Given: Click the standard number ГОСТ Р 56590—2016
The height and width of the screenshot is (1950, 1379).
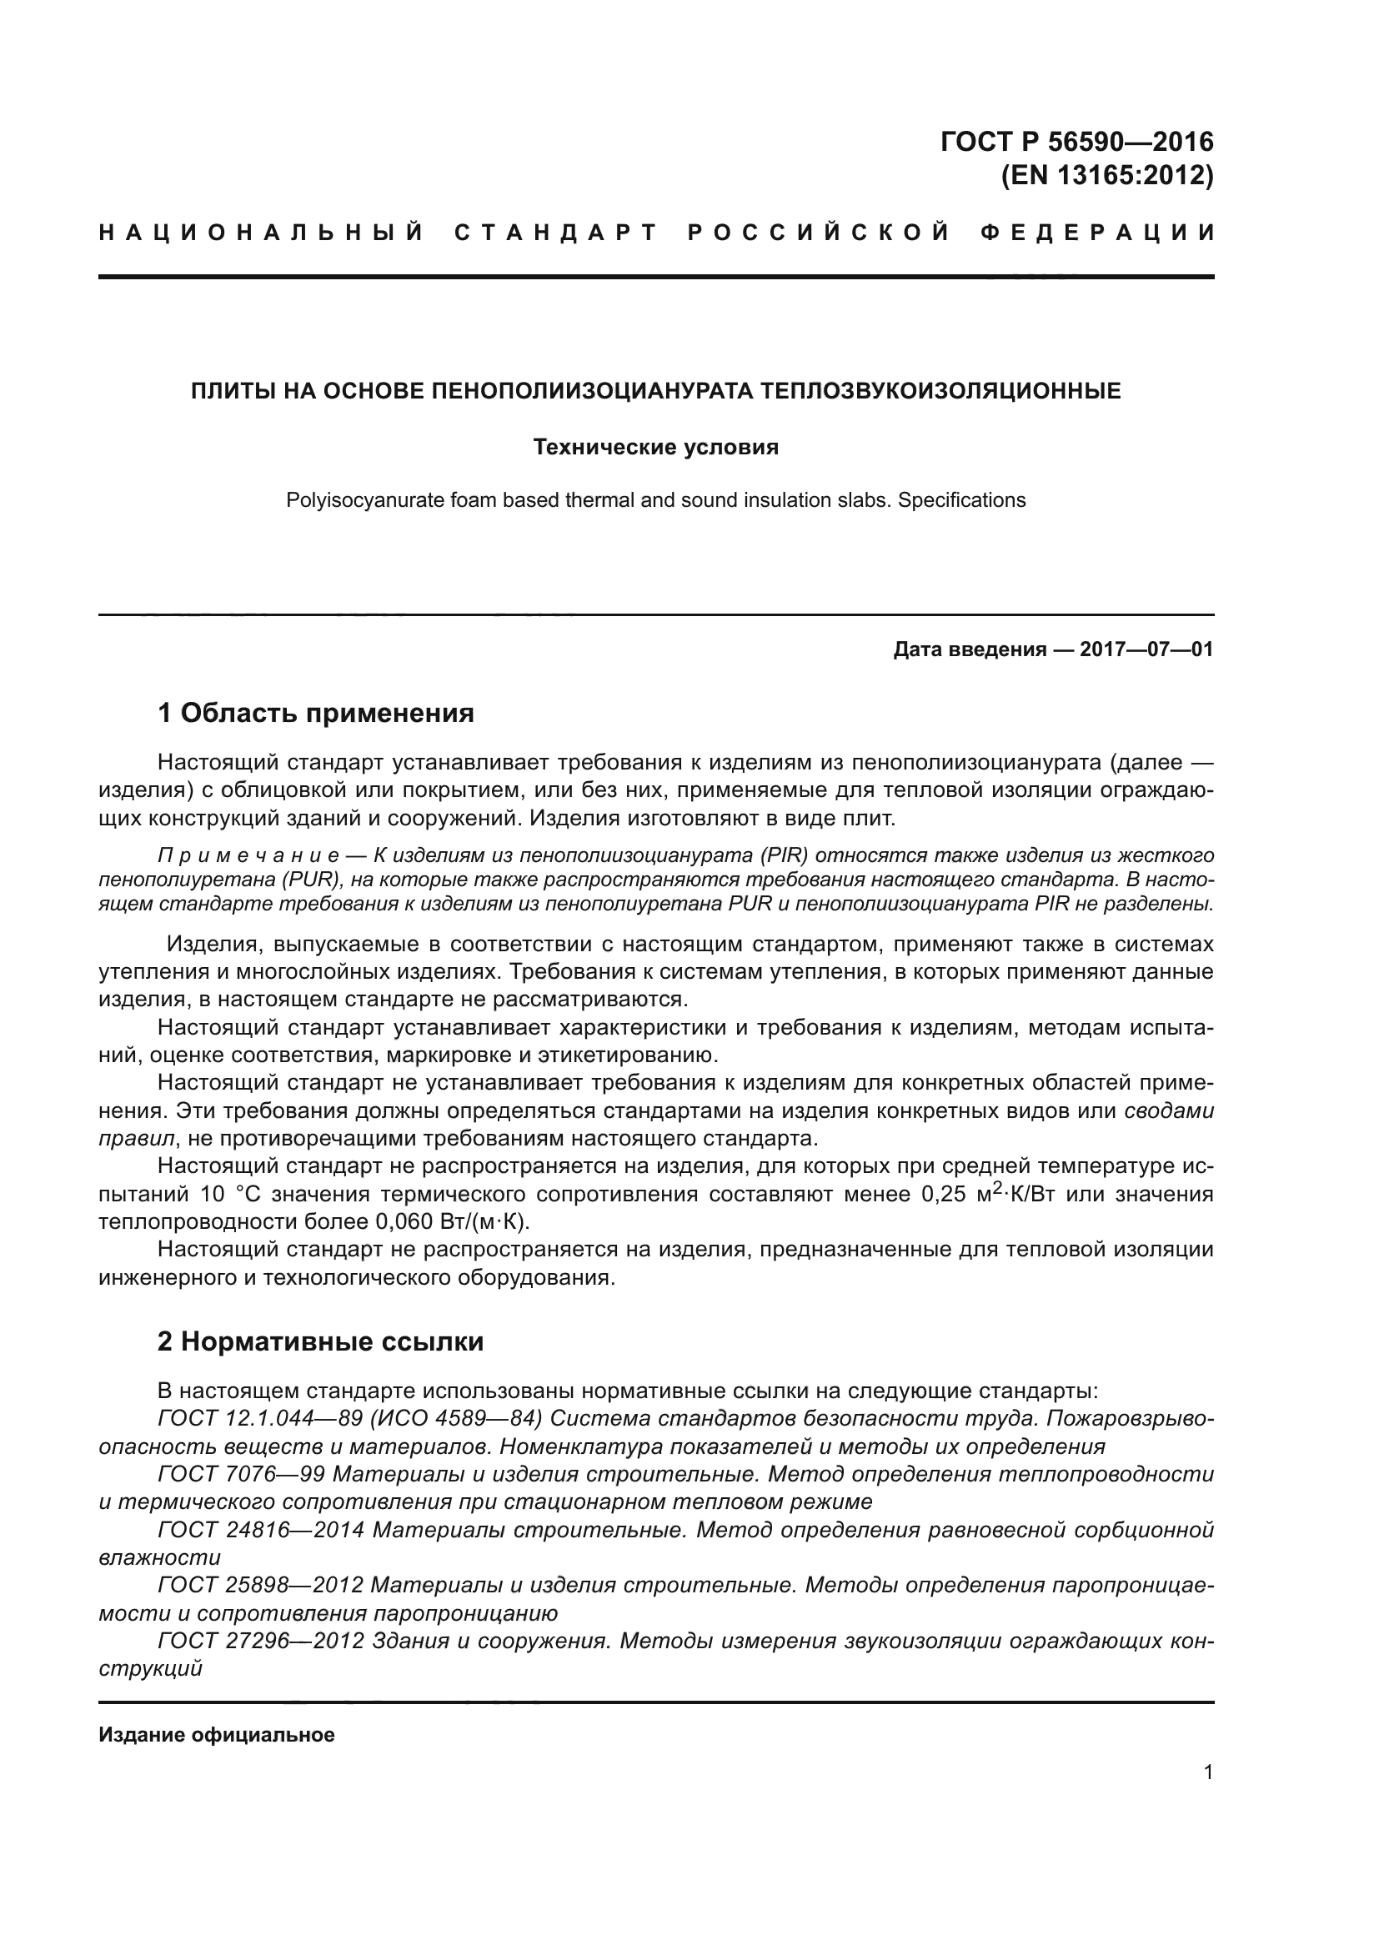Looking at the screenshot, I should coord(1076,141).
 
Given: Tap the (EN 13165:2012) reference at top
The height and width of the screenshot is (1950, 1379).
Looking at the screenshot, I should coord(1107,176).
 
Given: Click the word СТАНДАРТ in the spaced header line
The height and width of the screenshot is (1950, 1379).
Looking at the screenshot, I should coord(556,233).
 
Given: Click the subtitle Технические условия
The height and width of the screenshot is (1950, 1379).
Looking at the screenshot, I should coord(655,447).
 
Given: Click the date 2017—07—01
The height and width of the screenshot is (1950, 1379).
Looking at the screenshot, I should coord(1146,649).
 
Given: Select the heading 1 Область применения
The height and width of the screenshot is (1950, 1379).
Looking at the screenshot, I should coord(315,713).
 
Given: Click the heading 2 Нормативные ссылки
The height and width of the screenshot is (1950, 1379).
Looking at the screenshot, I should coord(320,1341).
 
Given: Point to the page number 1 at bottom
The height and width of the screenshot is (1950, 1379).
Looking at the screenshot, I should coord(1208,1772).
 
